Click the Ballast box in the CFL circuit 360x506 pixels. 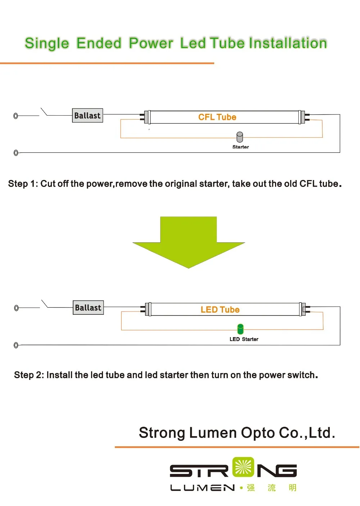coord(87,116)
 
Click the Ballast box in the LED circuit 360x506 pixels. coord(88,308)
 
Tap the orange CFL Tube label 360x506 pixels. coord(217,117)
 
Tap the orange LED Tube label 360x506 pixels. coord(220,309)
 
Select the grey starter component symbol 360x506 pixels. coord(240,137)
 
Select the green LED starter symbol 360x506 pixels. coord(240,329)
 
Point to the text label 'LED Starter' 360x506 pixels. coord(244,339)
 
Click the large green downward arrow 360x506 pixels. coord(188,241)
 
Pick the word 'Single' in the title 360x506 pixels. coord(47,43)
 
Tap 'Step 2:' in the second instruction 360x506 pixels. coord(29,375)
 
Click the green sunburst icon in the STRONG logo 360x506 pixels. coord(243,467)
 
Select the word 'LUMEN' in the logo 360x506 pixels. coord(202,488)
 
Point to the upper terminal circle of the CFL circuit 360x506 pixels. coord(15,116)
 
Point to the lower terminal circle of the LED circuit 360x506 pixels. coord(16,345)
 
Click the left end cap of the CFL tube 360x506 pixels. coord(147,117)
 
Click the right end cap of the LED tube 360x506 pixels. coord(302,309)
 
